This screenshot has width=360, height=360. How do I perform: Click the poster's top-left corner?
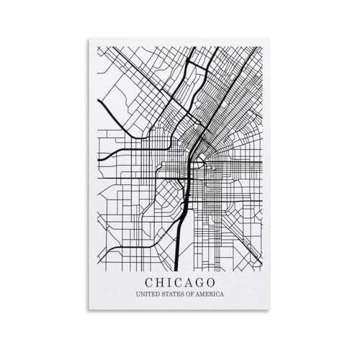[90, 37]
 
